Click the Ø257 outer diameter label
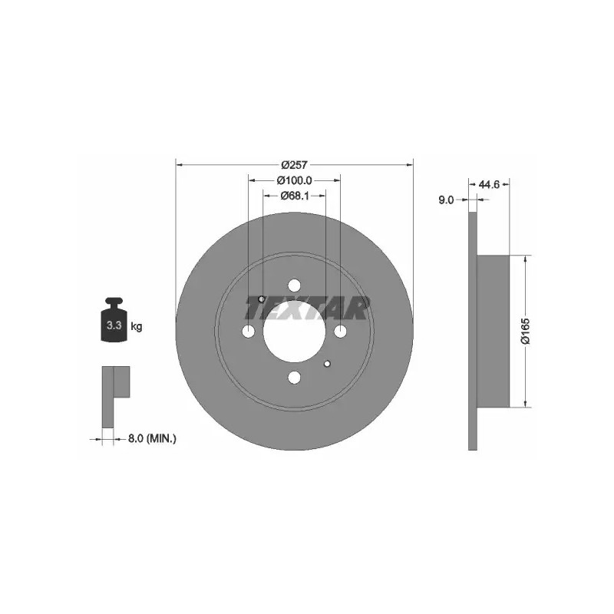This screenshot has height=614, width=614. [295, 165]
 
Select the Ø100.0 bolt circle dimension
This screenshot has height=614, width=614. [295, 180]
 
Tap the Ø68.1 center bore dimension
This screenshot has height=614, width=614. [295, 196]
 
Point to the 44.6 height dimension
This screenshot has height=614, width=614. [490, 184]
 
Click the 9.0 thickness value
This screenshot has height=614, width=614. [446, 200]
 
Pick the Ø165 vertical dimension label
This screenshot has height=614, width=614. [525, 332]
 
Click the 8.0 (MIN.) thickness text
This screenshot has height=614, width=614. [152, 438]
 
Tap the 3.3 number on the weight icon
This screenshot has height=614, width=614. [114, 325]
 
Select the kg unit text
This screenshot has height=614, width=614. [137, 325]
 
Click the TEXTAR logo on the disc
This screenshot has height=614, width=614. [306, 309]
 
